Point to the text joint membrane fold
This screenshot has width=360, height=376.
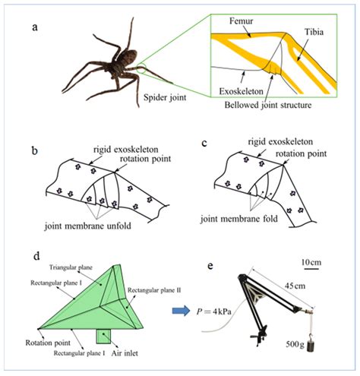pos(268,224)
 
